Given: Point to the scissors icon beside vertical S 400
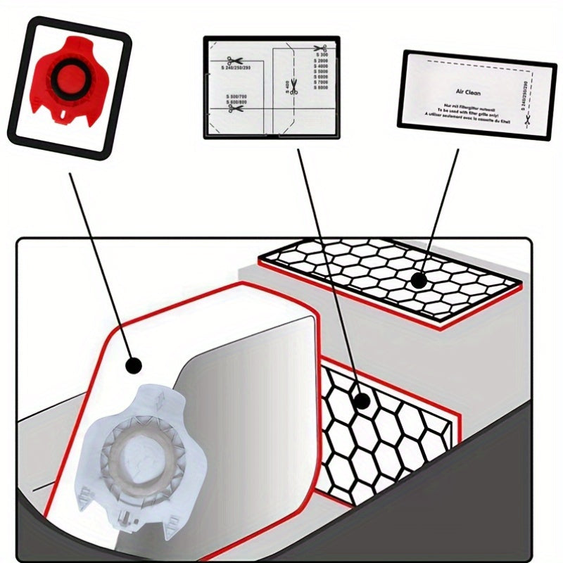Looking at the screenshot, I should (x=294, y=87).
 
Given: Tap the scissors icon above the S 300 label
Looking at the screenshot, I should (x=315, y=48).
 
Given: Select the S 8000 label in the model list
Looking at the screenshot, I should (x=322, y=88).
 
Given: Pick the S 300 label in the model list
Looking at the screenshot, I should (x=322, y=54).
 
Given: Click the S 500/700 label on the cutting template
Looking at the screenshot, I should (x=236, y=96).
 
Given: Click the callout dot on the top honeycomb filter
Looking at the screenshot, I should (x=419, y=281).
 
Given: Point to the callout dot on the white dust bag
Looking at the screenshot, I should (x=132, y=365).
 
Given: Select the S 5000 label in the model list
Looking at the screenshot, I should (x=322, y=71).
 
